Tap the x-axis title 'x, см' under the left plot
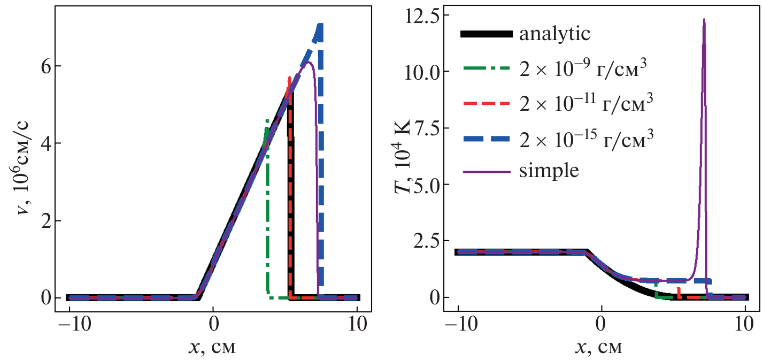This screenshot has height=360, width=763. point(212,348)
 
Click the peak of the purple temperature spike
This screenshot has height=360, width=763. point(704,20)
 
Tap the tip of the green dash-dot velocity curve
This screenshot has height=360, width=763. point(266,120)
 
